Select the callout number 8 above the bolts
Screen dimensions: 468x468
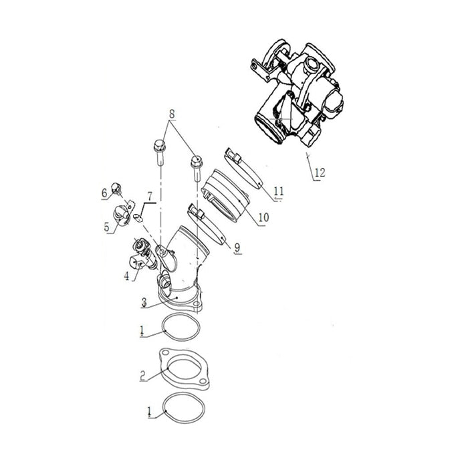pos(172,115)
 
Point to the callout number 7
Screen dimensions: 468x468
pos(150,196)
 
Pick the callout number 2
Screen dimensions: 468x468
pos(142,375)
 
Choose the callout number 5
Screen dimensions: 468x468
pos(107,227)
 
